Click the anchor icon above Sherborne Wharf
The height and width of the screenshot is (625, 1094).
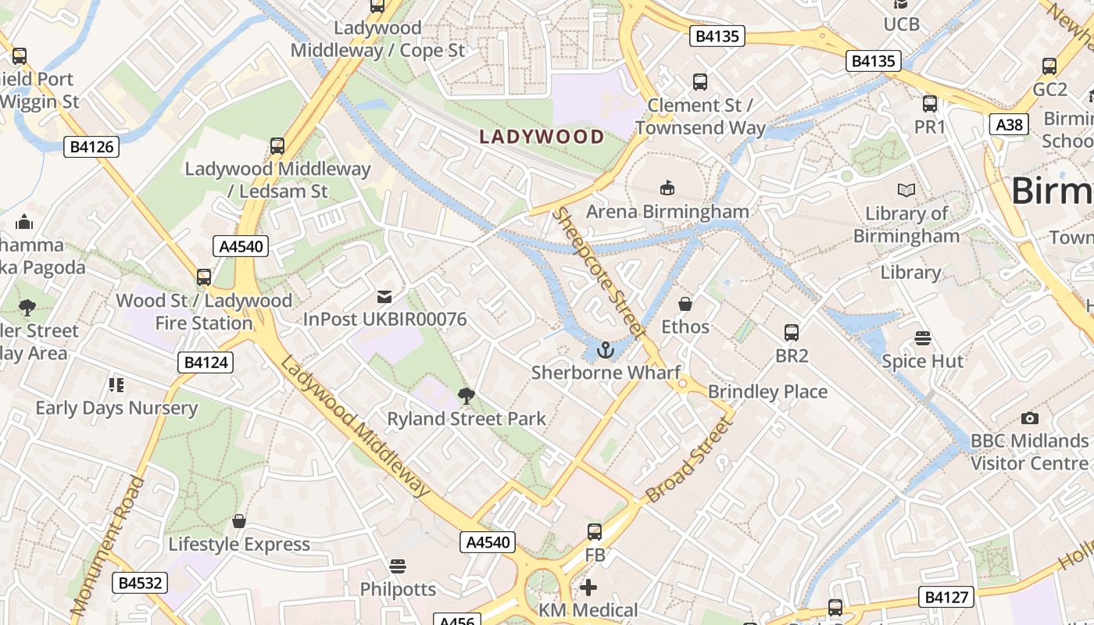tap(606, 351)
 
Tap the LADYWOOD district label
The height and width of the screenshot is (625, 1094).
tap(542, 137)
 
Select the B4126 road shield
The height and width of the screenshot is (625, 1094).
tap(91, 146)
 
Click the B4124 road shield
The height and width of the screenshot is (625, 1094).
tap(206, 362)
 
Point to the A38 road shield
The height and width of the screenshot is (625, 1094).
tap(1009, 124)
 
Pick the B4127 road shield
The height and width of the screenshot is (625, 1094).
tap(946, 598)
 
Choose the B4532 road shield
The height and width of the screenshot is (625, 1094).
tap(140, 583)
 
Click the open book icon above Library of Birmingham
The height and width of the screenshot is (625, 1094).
tap(906, 191)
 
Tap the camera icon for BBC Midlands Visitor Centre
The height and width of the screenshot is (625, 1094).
tap(1030, 419)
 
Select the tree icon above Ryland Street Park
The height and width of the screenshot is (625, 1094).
tap(467, 396)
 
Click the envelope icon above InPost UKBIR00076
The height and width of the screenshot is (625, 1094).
tap(384, 297)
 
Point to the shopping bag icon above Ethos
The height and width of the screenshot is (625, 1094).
tap(685, 304)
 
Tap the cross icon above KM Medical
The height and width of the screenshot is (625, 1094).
tap(588, 587)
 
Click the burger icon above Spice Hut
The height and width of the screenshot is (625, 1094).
tap(923, 338)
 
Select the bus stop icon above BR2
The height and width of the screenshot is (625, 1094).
tap(792, 333)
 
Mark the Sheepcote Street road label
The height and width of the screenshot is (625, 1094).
tap(599, 273)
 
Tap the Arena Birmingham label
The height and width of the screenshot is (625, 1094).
tap(667, 212)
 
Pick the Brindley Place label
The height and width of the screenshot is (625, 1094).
tap(767, 391)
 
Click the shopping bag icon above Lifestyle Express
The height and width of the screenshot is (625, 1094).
tap(239, 521)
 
